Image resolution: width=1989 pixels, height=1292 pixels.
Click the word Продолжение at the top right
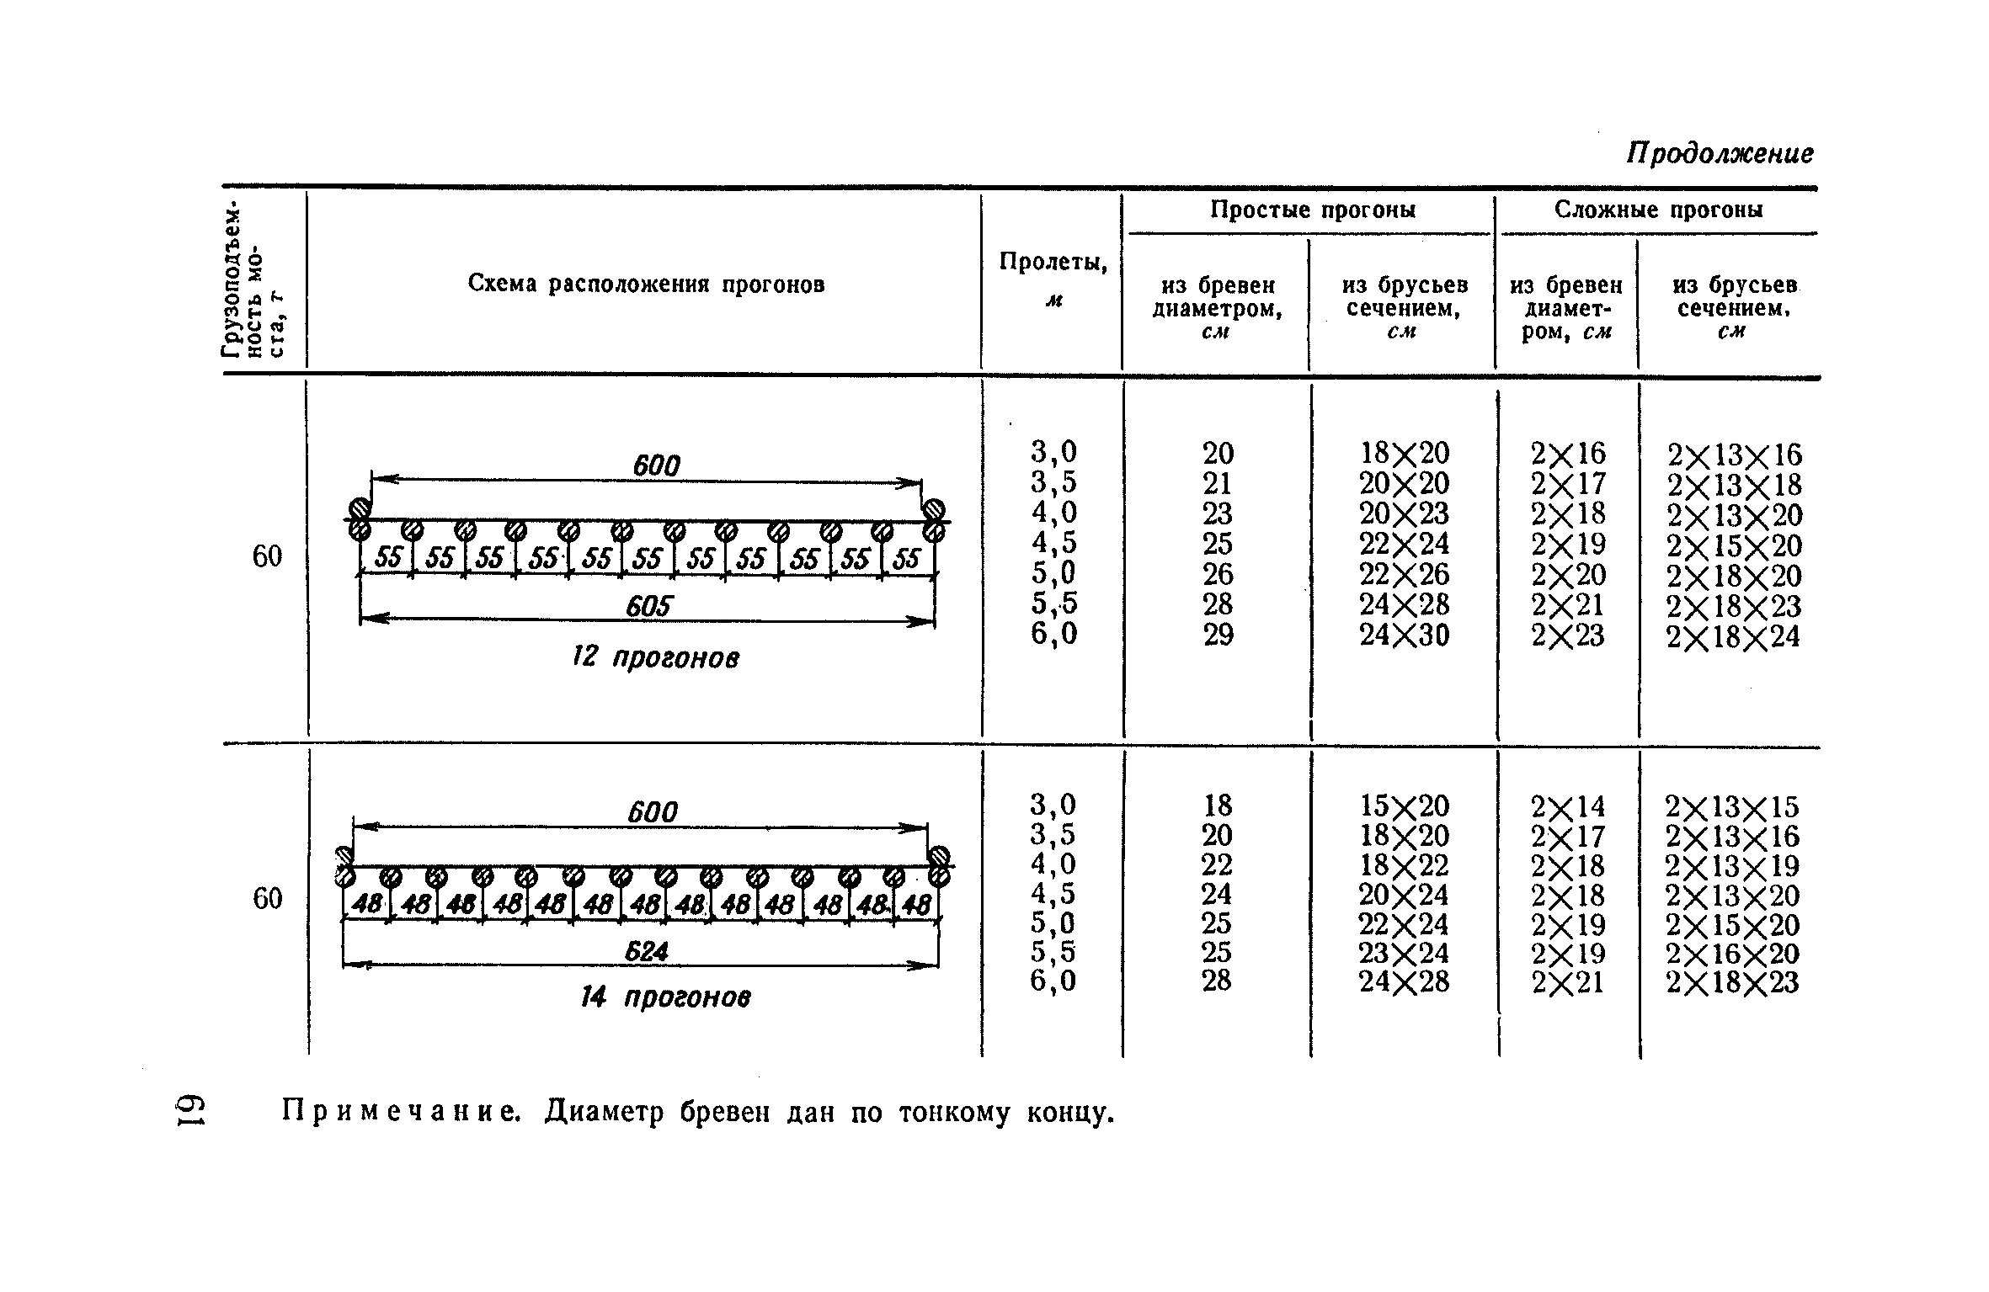click(x=1720, y=153)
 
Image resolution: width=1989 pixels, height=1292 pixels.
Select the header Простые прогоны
click(x=1312, y=209)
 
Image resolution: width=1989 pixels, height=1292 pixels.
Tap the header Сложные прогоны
click(x=1658, y=209)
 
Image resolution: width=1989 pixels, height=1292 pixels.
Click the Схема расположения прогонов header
click(x=646, y=284)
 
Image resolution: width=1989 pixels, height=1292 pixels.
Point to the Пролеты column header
click(x=1053, y=263)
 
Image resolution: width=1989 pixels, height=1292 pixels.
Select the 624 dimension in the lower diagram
click(x=646, y=951)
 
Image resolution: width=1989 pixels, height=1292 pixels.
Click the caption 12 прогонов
click(x=655, y=657)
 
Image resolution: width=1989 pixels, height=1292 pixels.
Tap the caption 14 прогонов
click(x=665, y=998)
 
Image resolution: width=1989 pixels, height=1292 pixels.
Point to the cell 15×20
click(x=1405, y=806)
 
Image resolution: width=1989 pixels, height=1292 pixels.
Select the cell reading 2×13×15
click(x=1731, y=807)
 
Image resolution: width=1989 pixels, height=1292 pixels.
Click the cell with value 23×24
click(x=1404, y=953)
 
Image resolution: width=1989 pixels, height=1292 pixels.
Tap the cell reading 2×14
click(x=1568, y=807)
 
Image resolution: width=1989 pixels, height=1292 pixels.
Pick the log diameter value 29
click(x=1218, y=635)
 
